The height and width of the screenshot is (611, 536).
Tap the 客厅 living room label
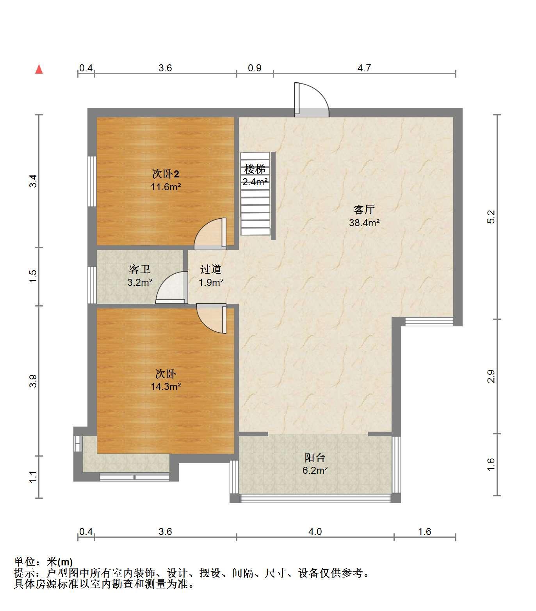[364, 210]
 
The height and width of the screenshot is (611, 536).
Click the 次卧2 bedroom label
[166, 174]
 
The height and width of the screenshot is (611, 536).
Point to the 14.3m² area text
[166, 386]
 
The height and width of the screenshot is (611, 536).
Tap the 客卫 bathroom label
[140, 269]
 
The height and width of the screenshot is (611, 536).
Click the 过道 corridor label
[211, 269]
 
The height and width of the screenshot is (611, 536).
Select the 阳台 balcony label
[315, 457]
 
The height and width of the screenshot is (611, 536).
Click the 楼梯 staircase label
[255, 170]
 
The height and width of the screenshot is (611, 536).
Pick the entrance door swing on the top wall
[312, 100]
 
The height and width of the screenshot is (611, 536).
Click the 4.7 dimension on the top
[364, 68]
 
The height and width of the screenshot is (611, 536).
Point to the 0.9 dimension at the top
[255, 68]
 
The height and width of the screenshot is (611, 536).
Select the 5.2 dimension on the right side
[491, 217]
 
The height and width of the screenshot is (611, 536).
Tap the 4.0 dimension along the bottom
[315, 531]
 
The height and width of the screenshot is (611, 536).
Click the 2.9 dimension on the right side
[491, 376]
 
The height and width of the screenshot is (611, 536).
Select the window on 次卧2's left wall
[92, 181]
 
